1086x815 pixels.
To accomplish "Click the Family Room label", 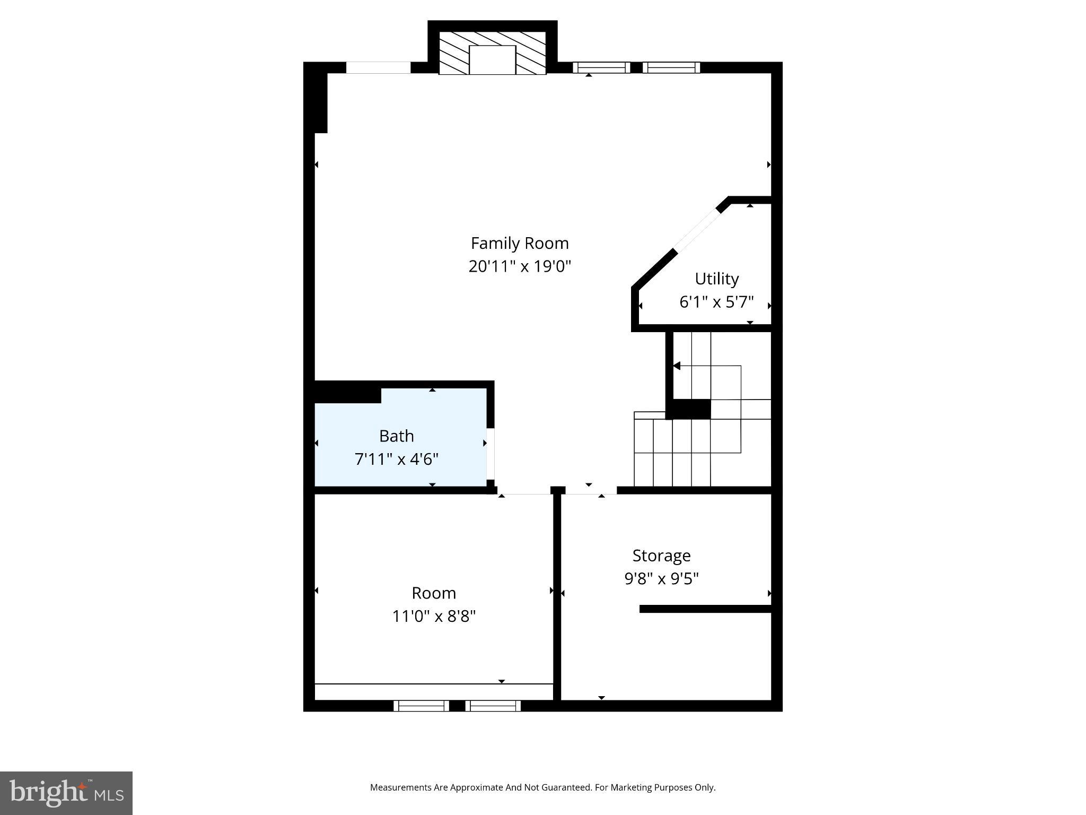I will pyautogui.click(x=520, y=243).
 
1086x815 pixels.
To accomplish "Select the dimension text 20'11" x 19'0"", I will pyautogui.click(x=520, y=266).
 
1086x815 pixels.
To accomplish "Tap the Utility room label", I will pyautogui.click(x=716, y=279).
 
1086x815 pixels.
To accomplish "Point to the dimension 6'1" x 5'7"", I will pyautogui.click(x=716, y=302).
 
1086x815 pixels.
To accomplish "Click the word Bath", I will pyautogui.click(x=396, y=436).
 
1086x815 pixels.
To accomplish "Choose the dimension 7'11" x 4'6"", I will pyautogui.click(x=396, y=458).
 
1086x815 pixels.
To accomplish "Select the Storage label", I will pyautogui.click(x=661, y=556).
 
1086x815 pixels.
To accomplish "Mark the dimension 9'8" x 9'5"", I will pyautogui.click(x=661, y=578).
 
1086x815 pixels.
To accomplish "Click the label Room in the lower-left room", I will pyautogui.click(x=434, y=593).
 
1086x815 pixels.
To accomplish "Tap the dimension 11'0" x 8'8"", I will pyautogui.click(x=434, y=616).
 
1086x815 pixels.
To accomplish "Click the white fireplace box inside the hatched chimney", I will pyautogui.click(x=492, y=59).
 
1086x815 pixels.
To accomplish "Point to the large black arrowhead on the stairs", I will pyautogui.click(x=677, y=366).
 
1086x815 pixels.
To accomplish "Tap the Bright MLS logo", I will pyautogui.click(x=66, y=793).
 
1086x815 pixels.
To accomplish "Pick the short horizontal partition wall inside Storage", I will pyautogui.click(x=705, y=609).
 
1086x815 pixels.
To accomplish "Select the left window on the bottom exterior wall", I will pyautogui.click(x=422, y=706).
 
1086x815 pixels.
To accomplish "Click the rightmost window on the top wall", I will pyautogui.click(x=671, y=67).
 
